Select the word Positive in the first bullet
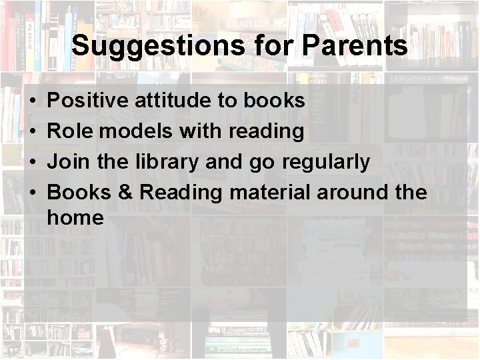click(89, 101)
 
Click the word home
click(76, 217)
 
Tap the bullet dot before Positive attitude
click(32, 102)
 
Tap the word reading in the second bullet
click(267, 131)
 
